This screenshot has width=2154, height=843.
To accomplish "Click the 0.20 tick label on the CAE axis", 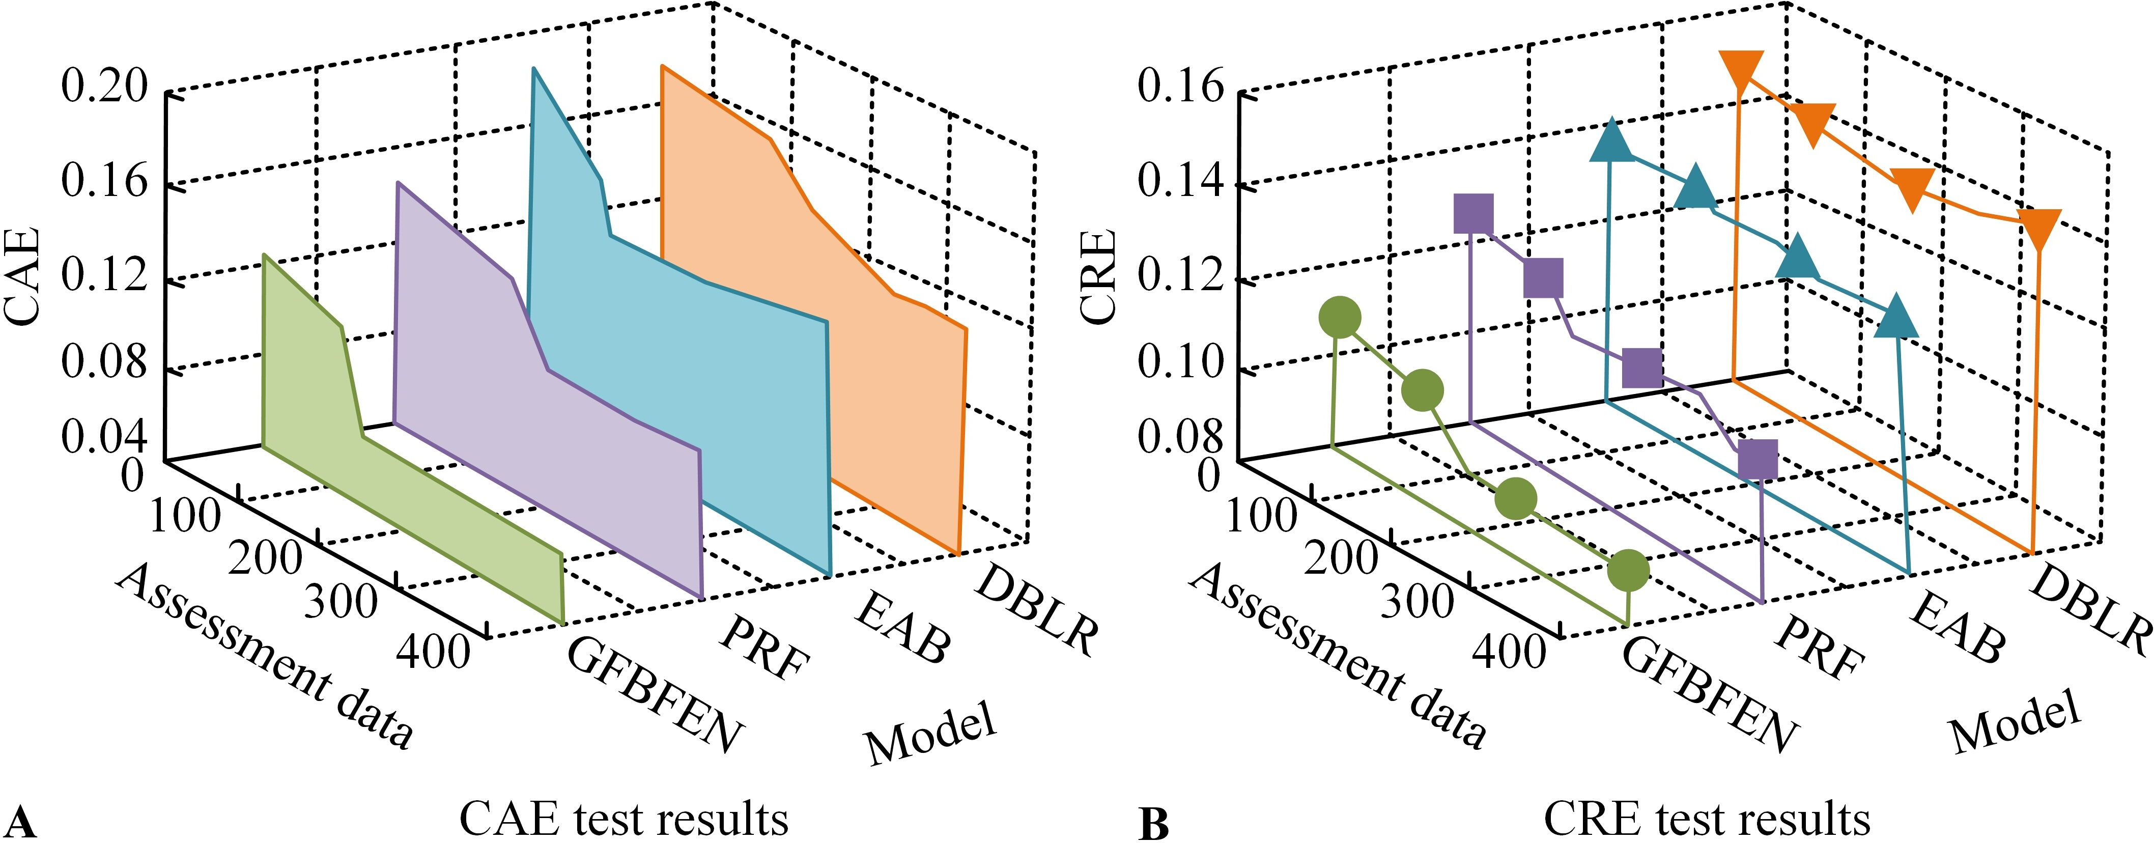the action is click(104, 87).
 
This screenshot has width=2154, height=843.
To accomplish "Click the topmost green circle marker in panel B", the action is click(1340, 318).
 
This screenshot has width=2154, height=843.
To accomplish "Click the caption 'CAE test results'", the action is click(624, 818).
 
